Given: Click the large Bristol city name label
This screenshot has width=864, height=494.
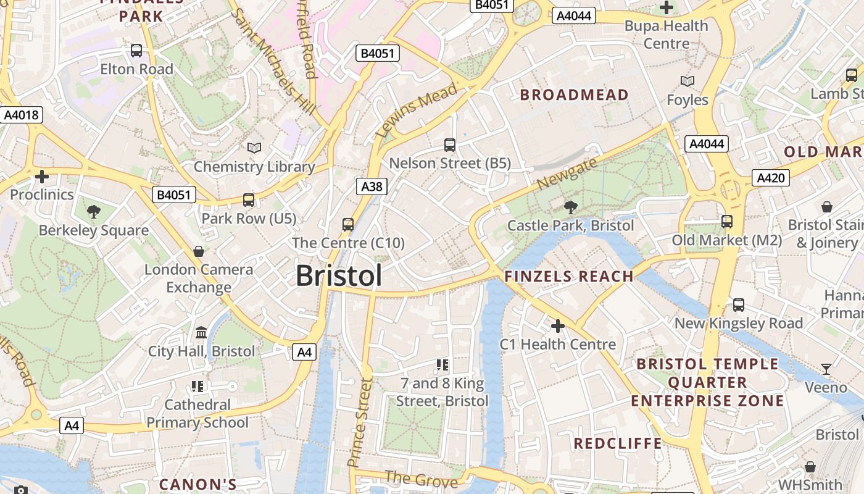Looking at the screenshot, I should coord(339,275).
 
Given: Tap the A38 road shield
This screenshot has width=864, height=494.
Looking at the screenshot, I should coord(372,186).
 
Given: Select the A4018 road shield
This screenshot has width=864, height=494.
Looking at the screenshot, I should coord(21,115).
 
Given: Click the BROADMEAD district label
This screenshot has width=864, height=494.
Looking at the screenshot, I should coord(574,95).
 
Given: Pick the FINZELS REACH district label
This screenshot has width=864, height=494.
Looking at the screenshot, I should coord(569,277).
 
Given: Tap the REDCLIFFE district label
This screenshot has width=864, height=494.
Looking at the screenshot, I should coord(618,443).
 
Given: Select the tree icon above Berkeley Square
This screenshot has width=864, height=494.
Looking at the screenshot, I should coord(94,212).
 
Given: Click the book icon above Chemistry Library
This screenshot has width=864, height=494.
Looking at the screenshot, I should coord(254,148).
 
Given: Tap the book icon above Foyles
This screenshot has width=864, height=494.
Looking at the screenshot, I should coord(687,82).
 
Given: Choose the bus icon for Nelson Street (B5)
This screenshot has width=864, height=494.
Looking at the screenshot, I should coord(450,145).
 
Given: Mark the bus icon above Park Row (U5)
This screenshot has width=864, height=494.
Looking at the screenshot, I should coord(249,200).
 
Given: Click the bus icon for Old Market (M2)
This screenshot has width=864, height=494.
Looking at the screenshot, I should coord(727,222).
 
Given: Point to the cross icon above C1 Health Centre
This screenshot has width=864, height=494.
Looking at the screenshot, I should coord(557,325).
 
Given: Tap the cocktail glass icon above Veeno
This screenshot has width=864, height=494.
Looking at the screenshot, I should coord(826,369).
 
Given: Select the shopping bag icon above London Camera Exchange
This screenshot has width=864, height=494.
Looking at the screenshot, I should coord(199,251).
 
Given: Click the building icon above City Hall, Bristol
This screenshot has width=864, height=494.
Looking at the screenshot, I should coord(201,333).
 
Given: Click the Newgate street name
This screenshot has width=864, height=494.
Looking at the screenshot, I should coord(567,174).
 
